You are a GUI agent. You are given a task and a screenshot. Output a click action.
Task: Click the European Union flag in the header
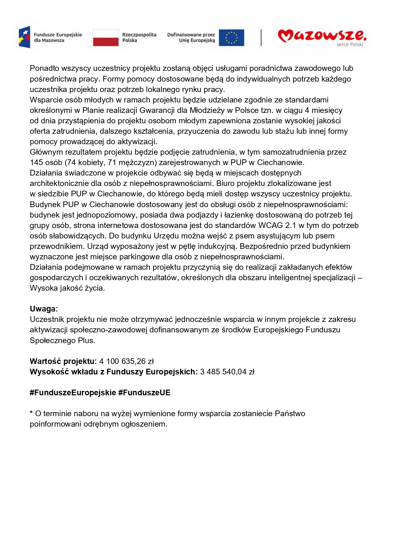(231, 38)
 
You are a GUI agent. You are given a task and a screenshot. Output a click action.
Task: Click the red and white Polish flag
(105, 38)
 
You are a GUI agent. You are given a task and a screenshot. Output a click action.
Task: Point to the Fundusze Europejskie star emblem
(24, 37)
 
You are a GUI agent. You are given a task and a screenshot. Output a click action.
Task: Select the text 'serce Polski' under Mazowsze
(350, 45)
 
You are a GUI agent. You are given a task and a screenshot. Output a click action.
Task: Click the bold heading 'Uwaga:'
(44, 309)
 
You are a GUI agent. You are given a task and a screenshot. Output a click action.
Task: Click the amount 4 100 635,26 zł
(126, 361)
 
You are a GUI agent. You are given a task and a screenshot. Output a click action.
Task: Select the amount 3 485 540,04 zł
(227, 372)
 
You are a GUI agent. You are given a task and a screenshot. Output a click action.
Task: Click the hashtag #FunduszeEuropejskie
(73, 392)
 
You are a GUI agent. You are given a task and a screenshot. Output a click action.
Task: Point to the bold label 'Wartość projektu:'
(63, 361)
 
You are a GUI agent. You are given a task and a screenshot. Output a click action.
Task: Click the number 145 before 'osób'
(36, 162)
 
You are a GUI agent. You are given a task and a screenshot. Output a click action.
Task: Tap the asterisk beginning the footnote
(31, 413)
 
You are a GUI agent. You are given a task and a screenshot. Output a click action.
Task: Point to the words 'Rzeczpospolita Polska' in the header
(139, 37)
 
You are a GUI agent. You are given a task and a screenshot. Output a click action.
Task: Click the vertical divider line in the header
(261, 38)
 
